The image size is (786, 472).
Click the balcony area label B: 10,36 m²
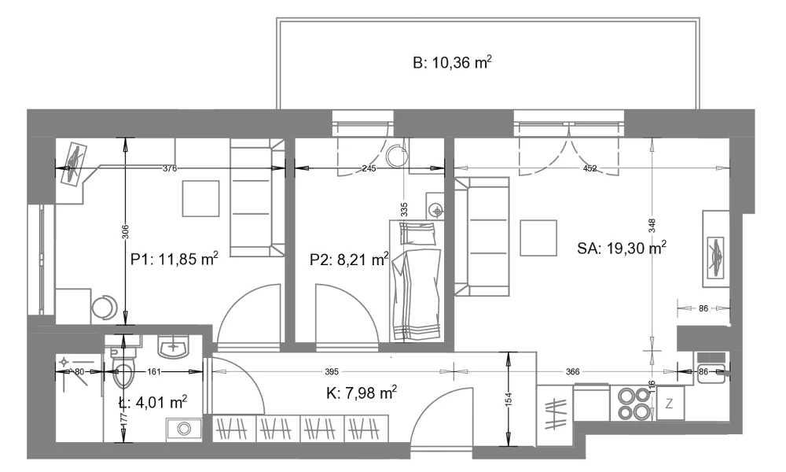click(x=452, y=63)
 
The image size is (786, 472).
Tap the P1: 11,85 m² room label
click(x=174, y=260)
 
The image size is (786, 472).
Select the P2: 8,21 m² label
click(x=349, y=260)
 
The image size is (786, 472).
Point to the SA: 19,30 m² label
click(x=622, y=248)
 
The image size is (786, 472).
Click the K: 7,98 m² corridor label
click(x=362, y=393)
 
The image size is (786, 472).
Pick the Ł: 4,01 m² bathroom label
click(x=153, y=402)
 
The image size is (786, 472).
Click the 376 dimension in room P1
click(x=170, y=168)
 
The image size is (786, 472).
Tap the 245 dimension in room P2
click(x=369, y=168)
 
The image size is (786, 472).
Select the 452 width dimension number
click(x=590, y=168)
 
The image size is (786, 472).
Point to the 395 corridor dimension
click(x=332, y=371)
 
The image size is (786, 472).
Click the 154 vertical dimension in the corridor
click(x=509, y=400)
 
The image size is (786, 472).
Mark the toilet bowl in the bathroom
click(x=123, y=367)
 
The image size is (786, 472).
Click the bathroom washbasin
click(x=174, y=346)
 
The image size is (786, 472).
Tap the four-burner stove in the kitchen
click(x=633, y=404)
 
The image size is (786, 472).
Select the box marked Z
click(x=670, y=403)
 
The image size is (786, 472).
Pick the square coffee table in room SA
click(x=538, y=238)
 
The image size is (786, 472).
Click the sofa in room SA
click(x=482, y=236)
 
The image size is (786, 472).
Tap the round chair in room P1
click(x=104, y=308)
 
